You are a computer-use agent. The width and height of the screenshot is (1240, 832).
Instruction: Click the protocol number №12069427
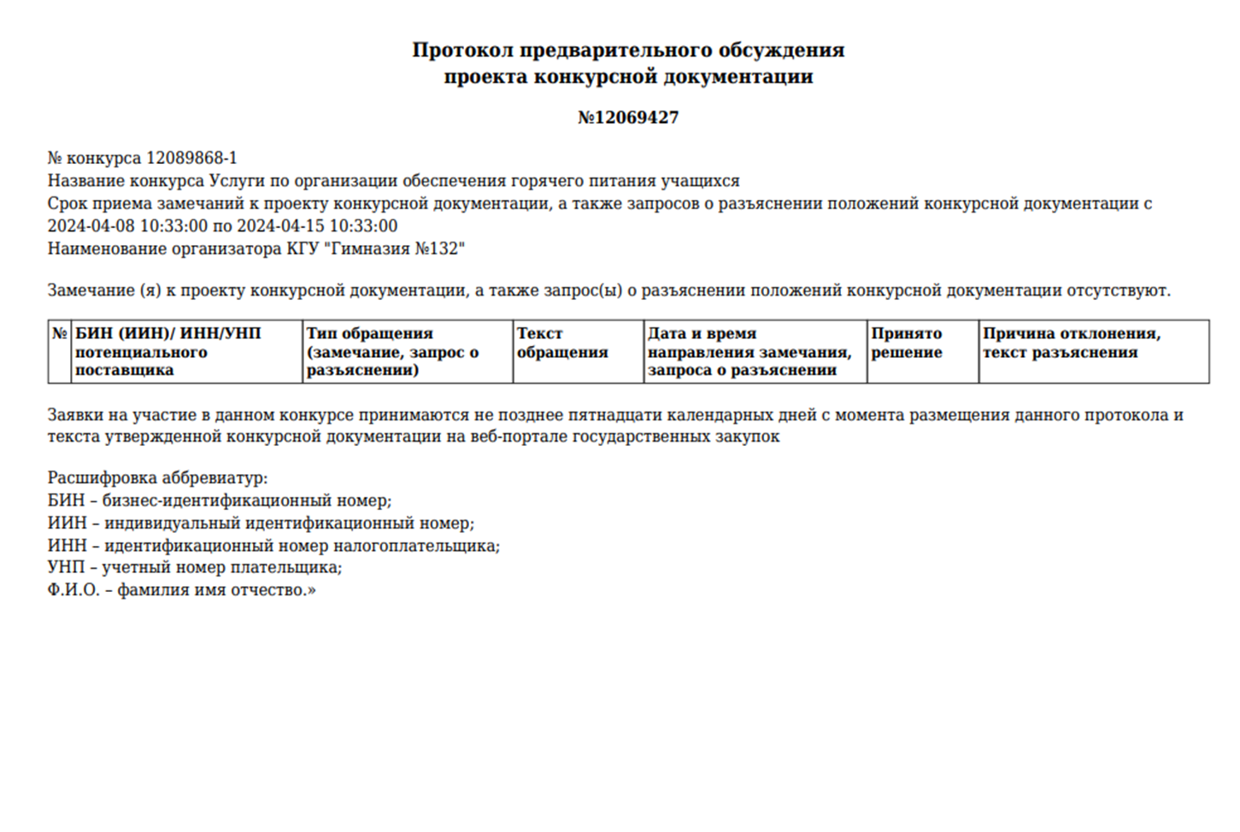628,118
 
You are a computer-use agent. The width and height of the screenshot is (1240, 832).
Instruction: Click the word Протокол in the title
462,50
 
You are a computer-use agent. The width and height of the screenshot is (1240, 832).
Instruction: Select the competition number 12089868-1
191,159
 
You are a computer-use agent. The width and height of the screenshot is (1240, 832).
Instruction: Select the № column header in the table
59,334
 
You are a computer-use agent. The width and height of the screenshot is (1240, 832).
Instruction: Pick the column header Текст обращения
562,343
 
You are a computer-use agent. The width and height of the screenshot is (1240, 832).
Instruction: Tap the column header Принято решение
906,343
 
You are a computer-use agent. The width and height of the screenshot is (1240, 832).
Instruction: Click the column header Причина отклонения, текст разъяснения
1071,343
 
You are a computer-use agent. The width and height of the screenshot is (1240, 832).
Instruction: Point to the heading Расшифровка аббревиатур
157,478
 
